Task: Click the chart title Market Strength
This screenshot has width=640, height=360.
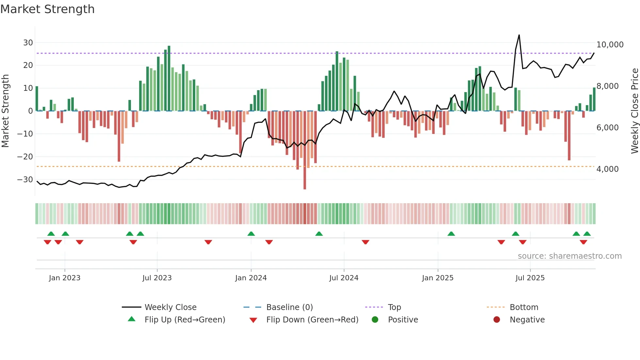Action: click(47, 9)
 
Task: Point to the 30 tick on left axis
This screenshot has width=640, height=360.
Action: click(28, 43)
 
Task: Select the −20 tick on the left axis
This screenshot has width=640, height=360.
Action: click(25, 157)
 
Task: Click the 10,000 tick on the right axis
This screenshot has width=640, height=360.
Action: click(610, 45)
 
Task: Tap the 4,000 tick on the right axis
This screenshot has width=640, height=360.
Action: click(607, 169)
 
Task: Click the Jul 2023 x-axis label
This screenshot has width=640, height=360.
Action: click(157, 278)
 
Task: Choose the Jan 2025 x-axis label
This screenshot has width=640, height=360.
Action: click(438, 278)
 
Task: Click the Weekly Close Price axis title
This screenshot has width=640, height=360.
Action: click(634, 111)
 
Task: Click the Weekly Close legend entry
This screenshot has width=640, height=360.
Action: click(170, 307)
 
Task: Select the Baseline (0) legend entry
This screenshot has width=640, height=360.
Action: click(289, 307)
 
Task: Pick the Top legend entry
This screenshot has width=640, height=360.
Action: click(394, 307)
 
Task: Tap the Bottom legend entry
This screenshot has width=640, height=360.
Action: click(524, 307)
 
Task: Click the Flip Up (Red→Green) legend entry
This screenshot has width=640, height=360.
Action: click(184, 320)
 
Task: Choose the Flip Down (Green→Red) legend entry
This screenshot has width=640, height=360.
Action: click(312, 320)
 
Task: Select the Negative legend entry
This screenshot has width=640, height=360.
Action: click(527, 320)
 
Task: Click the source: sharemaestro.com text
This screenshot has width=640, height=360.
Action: click(569, 256)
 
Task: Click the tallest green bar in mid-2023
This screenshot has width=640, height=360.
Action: click(169, 78)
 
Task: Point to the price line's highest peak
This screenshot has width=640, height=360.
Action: click(519, 35)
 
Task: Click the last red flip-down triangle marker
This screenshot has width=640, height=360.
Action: click(584, 242)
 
